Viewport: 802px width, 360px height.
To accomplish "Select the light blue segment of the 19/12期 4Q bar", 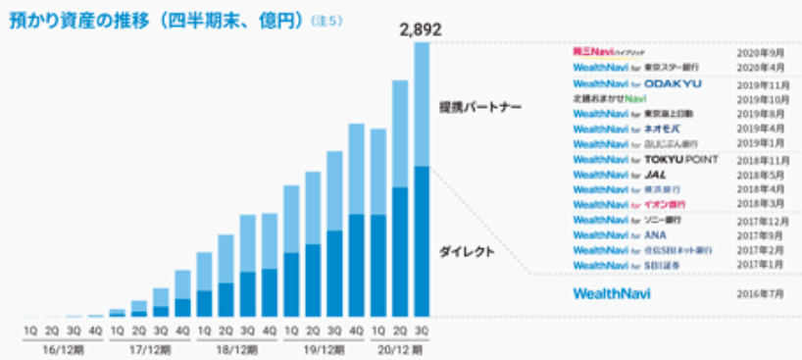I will pyautogui.click(x=357, y=169).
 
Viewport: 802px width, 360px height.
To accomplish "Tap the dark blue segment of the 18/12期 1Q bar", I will pyautogui.click(x=205, y=303).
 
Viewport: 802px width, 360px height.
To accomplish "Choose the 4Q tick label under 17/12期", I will pyautogui.click(x=182, y=332).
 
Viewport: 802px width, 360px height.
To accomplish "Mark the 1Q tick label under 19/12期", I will pyautogui.click(x=291, y=332).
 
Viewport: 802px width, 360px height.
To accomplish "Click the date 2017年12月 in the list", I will pyautogui.click(x=753, y=220).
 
